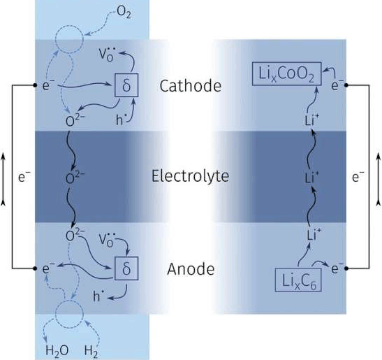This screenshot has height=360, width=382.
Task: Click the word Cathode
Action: [x=190, y=86]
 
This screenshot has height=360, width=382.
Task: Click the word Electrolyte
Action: [x=190, y=175]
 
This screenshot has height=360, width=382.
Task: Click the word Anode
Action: [x=191, y=269]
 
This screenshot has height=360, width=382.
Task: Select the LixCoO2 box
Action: [x=286, y=74]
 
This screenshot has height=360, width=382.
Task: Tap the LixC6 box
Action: [x=298, y=280]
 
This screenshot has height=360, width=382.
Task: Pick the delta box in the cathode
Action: [x=126, y=85]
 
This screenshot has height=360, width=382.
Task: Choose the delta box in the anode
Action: [x=126, y=268]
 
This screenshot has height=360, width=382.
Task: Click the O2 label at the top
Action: [x=124, y=12]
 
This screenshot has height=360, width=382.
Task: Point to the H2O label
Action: [x=57, y=351]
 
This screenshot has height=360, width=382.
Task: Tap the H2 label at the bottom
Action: [x=91, y=351]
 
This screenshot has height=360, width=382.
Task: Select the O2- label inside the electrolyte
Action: [x=75, y=178]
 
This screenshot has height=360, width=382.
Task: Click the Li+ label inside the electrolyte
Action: [x=312, y=177]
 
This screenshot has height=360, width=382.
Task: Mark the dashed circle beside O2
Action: [x=56, y=39]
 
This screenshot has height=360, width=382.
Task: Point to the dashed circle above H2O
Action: [x=56, y=314]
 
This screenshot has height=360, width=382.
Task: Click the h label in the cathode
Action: [x=120, y=120]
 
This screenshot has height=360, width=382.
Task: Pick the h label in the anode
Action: [x=98, y=296]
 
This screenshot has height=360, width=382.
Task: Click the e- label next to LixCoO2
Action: [x=337, y=85]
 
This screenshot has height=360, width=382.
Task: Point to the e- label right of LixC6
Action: [x=337, y=268]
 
